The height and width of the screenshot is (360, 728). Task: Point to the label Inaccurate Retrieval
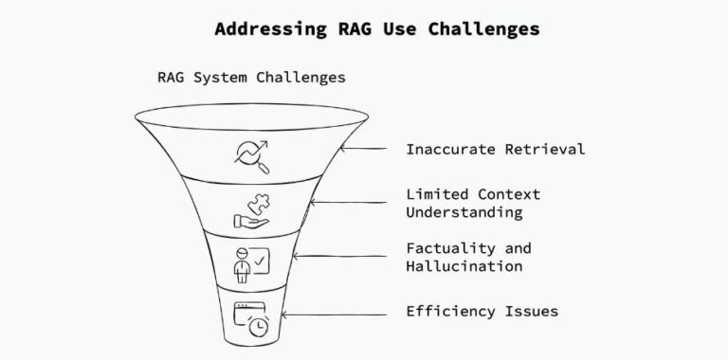pyautogui.click(x=495, y=149)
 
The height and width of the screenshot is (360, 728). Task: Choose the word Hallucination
pyautogui.click(x=464, y=266)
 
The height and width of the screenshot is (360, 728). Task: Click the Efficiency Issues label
pyautogui.click(x=482, y=311)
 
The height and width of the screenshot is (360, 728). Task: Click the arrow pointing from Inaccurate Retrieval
pyautogui.click(x=364, y=149)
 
